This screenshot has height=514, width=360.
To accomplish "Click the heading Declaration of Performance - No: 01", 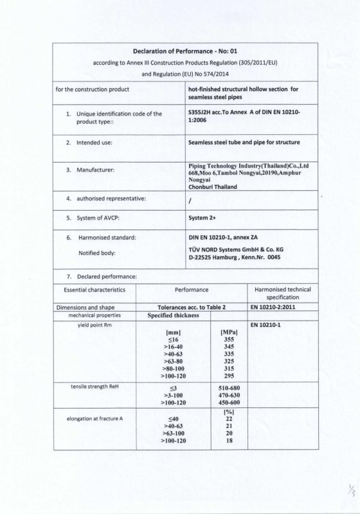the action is point(184,50).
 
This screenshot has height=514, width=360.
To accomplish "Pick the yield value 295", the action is point(224,377).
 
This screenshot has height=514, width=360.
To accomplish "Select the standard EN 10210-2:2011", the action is point(274,307).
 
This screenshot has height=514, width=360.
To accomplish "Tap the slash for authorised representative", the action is point(190,200).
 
